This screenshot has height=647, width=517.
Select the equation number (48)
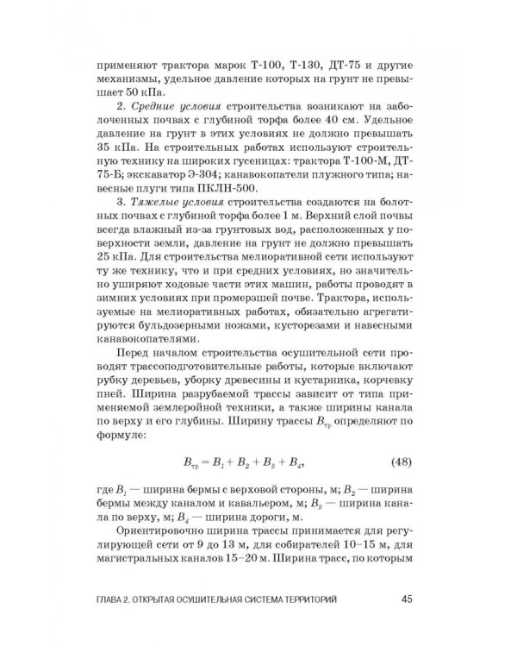[402, 462]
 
